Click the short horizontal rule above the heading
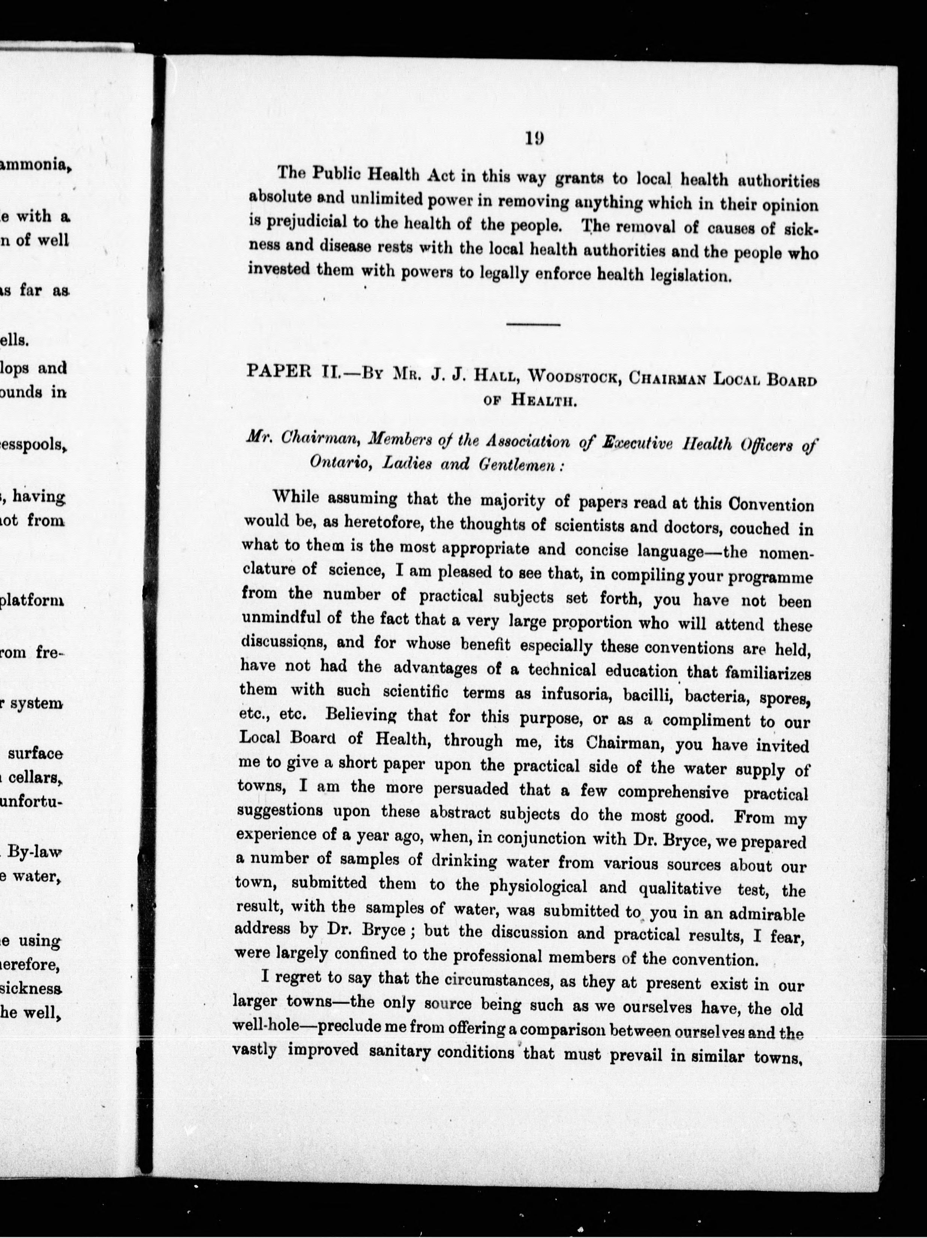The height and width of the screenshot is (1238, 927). pos(533,324)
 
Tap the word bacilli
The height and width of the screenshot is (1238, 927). pos(646,696)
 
